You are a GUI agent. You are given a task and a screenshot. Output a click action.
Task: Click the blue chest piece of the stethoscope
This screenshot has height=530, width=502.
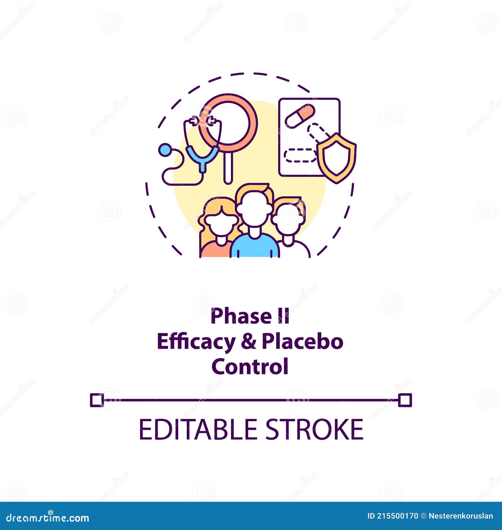coord(165,150)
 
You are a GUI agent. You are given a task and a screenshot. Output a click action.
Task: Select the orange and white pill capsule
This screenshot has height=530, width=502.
coord(300,116)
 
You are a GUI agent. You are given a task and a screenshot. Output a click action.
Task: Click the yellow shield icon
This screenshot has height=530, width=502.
coord(336,158)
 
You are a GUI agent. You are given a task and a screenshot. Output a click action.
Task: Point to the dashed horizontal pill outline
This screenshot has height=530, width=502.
coord(300,156)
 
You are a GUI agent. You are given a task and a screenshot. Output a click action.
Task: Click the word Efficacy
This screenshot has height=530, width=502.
coord(196,342)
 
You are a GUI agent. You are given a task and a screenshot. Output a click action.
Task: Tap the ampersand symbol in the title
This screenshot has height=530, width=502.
coord(248,342)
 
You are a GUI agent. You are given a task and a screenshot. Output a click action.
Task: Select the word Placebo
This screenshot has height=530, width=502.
coord(302,342)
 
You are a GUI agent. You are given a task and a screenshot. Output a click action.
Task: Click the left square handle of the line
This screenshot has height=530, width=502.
coord(97,400)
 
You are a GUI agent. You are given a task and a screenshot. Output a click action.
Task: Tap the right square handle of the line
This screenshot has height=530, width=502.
coord(405,400)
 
